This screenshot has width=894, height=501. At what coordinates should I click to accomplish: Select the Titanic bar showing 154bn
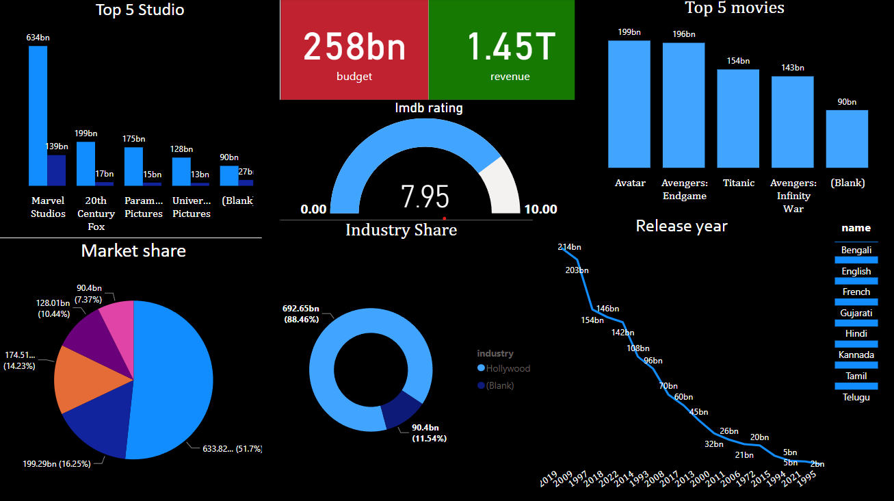tap(738, 118)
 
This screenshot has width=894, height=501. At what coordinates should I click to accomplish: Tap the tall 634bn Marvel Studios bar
tap(38, 116)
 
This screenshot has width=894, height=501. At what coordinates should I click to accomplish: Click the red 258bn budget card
tap(354, 50)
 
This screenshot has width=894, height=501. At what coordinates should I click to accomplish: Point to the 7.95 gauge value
tap(425, 197)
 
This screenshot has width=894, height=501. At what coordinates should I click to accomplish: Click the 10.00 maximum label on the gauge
tap(540, 209)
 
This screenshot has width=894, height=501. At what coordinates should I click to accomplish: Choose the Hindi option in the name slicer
tap(856, 334)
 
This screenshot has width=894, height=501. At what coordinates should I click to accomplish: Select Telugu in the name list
tap(856, 397)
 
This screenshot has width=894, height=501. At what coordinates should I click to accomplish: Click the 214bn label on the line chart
tap(569, 247)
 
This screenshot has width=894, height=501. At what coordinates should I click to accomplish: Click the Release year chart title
tap(681, 226)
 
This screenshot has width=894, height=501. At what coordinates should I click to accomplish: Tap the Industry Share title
tap(401, 230)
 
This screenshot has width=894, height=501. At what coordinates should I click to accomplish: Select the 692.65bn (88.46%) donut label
tap(301, 313)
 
